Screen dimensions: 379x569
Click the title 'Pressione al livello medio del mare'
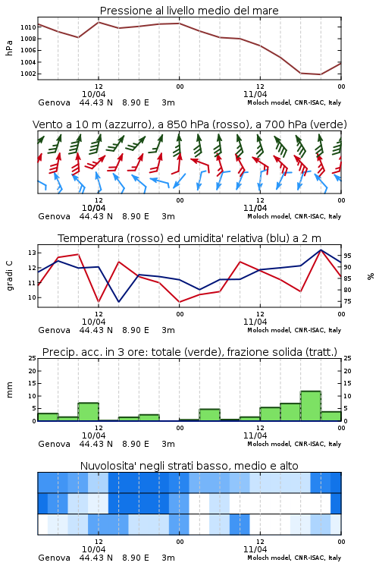189,11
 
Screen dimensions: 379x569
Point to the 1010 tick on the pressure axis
28,27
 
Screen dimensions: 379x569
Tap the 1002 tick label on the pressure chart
28,74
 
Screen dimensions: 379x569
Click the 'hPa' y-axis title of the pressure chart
9,48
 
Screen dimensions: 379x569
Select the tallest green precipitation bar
311,406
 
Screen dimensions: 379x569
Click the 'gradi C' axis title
10,276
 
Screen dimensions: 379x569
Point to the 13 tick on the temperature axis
33,253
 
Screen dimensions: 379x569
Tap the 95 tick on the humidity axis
347,256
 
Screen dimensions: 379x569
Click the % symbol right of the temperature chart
371,276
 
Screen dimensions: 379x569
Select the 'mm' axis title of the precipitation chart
9,390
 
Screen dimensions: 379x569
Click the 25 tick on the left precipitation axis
33,358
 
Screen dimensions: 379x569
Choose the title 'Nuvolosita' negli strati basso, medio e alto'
189,466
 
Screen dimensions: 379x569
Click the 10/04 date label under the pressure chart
93,94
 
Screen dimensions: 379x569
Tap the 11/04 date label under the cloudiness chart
255,549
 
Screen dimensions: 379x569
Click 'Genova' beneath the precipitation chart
54,444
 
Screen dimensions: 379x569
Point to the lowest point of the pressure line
320,74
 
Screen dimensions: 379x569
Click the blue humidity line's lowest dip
118,302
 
